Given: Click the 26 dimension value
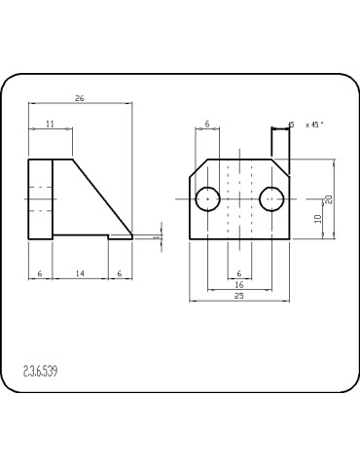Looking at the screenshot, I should [x=80, y=98].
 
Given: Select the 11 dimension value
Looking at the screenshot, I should [x=50, y=124].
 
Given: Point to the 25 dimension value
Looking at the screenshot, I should [x=238, y=296].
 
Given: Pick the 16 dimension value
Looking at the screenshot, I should [x=239, y=284].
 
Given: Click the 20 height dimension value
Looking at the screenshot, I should [x=329, y=198].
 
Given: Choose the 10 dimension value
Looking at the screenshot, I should [x=318, y=218].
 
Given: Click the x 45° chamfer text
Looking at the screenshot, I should [x=313, y=125].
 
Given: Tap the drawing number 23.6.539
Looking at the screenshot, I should [x=40, y=371].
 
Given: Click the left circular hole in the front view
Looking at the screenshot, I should [x=207, y=198].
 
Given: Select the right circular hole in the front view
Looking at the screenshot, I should [x=270, y=198].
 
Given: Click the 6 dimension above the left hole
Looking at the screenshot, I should [x=207, y=124].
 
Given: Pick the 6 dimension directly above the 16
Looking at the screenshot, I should [x=239, y=272].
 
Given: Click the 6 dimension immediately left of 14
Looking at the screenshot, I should [x=39, y=275].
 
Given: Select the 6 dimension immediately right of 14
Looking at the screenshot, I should [x=120, y=275].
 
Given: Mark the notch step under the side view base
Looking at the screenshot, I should [x=109, y=236].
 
